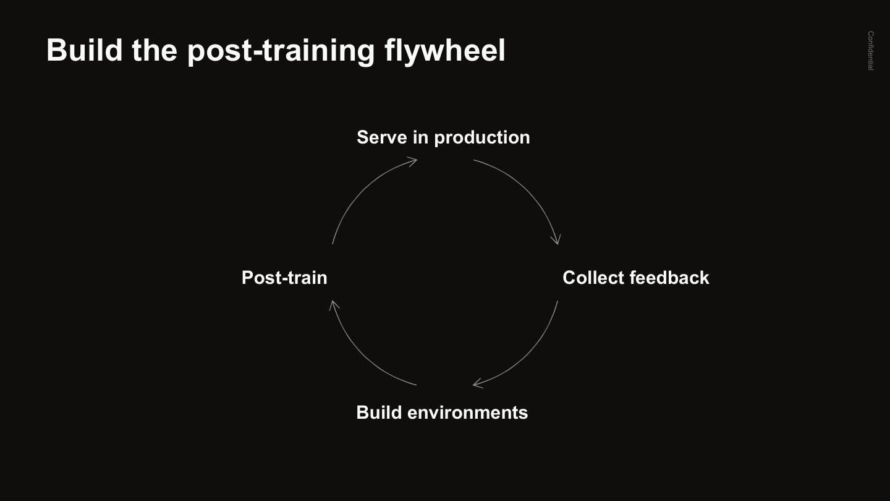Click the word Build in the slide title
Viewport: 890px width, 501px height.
(84, 50)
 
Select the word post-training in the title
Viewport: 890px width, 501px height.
(281, 51)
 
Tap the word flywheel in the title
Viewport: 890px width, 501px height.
(444, 51)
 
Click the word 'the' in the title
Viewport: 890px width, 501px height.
(155, 50)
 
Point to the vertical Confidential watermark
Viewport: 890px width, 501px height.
(870, 51)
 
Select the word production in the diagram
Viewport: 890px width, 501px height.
(482, 138)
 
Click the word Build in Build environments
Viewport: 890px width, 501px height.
(379, 413)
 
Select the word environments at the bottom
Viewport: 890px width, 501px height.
(468, 413)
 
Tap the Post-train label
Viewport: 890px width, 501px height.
(284, 278)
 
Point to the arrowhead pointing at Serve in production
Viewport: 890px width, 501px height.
(412, 161)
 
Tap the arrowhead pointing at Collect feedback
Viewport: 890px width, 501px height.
(556, 240)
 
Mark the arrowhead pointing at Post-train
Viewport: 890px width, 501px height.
(333, 305)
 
